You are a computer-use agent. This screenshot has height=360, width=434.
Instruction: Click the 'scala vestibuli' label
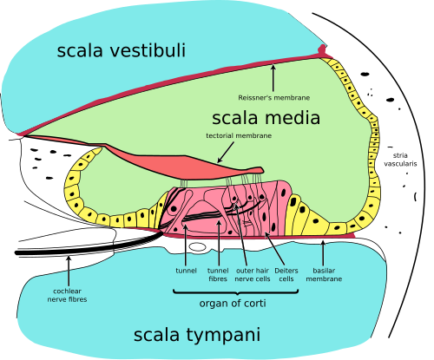(x=122, y=50)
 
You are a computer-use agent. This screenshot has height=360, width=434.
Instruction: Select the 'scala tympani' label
(x=197, y=335)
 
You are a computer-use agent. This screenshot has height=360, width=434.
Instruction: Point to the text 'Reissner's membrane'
(x=273, y=98)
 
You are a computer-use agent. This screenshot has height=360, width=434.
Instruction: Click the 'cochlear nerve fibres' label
(x=68, y=295)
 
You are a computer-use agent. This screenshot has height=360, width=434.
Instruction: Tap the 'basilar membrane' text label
(x=324, y=274)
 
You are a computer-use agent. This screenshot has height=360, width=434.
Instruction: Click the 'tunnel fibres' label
(x=219, y=274)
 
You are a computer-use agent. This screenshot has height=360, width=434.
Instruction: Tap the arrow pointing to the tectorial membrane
(x=224, y=154)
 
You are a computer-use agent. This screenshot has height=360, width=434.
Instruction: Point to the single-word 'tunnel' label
(x=185, y=270)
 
